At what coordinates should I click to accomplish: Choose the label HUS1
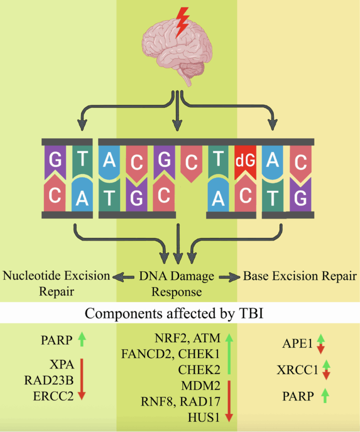point(203,418)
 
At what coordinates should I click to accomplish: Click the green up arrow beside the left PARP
point(82,339)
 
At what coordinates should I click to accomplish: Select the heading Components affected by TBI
point(180,314)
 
